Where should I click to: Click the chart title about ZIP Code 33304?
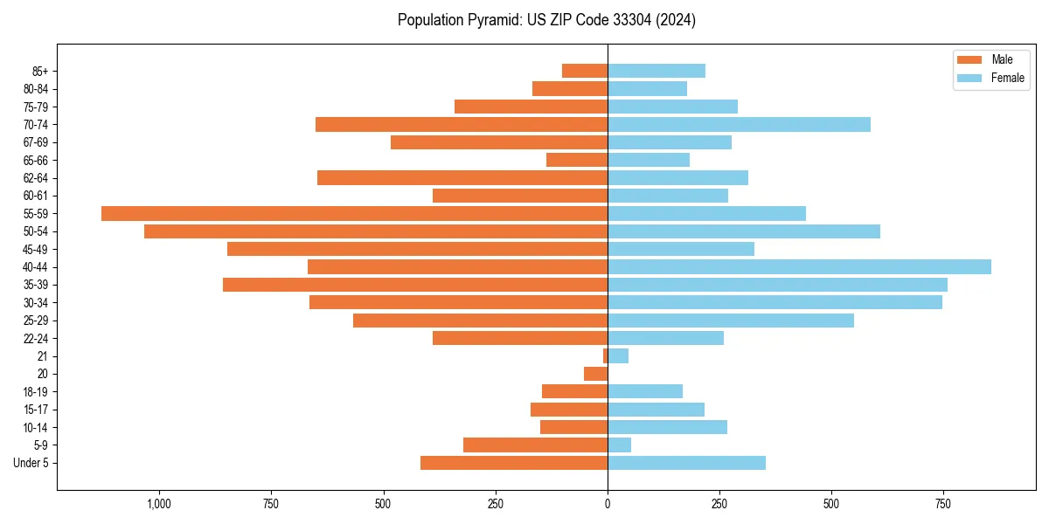pyautogui.click(x=546, y=20)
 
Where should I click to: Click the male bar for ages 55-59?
pyautogui.click(x=354, y=213)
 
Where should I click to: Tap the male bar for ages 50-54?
pyautogui.click(x=376, y=231)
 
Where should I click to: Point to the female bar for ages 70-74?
pyautogui.click(x=739, y=124)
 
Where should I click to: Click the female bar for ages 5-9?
pyautogui.click(x=619, y=445)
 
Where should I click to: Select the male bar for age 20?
pyautogui.click(x=595, y=374)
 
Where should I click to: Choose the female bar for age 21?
pyautogui.click(x=618, y=355)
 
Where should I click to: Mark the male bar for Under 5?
pyautogui.click(x=514, y=463)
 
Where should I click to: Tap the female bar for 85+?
pyautogui.click(x=656, y=71)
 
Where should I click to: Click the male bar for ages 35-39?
pyautogui.click(x=415, y=285)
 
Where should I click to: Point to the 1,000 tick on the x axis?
pyautogui.click(x=158, y=504)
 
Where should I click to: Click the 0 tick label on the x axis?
pyautogui.click(x=608, y=504)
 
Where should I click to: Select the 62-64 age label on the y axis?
pyautogui.click(x=36, y=178)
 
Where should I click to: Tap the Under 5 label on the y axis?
pyautogui.click(x=31, y=463)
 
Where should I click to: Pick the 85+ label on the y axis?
pyautogui.click(x=40, y=71)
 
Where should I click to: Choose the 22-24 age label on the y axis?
pyautogui.click(x=36, y=338)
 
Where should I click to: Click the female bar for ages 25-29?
pyautogui.click(x=731, y=321)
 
